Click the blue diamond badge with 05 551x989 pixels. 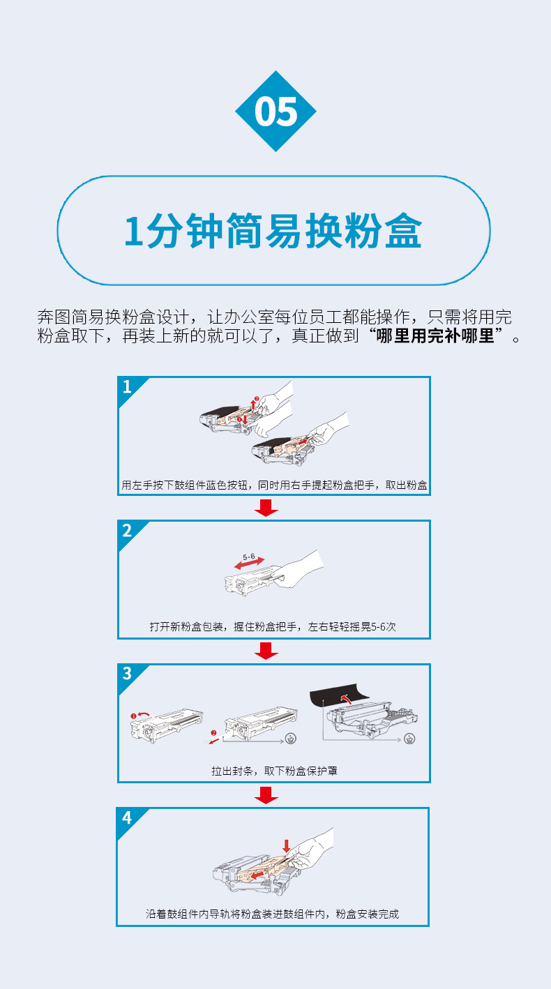click(275, 111)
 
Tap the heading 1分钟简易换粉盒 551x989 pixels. click(273, 230)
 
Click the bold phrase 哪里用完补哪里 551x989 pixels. click(435, 336)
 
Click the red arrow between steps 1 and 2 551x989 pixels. click(266, 508)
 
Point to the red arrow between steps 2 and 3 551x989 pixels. click(266, 651)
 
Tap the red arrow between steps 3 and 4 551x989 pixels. click(266, 794)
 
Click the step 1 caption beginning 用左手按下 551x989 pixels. click(274, 485)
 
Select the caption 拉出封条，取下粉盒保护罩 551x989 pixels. click(274, 771)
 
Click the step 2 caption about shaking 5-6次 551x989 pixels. click(273, 626)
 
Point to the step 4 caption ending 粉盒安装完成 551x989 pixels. click(273, 914)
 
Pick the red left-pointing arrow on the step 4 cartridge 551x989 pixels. click(258, 874)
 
